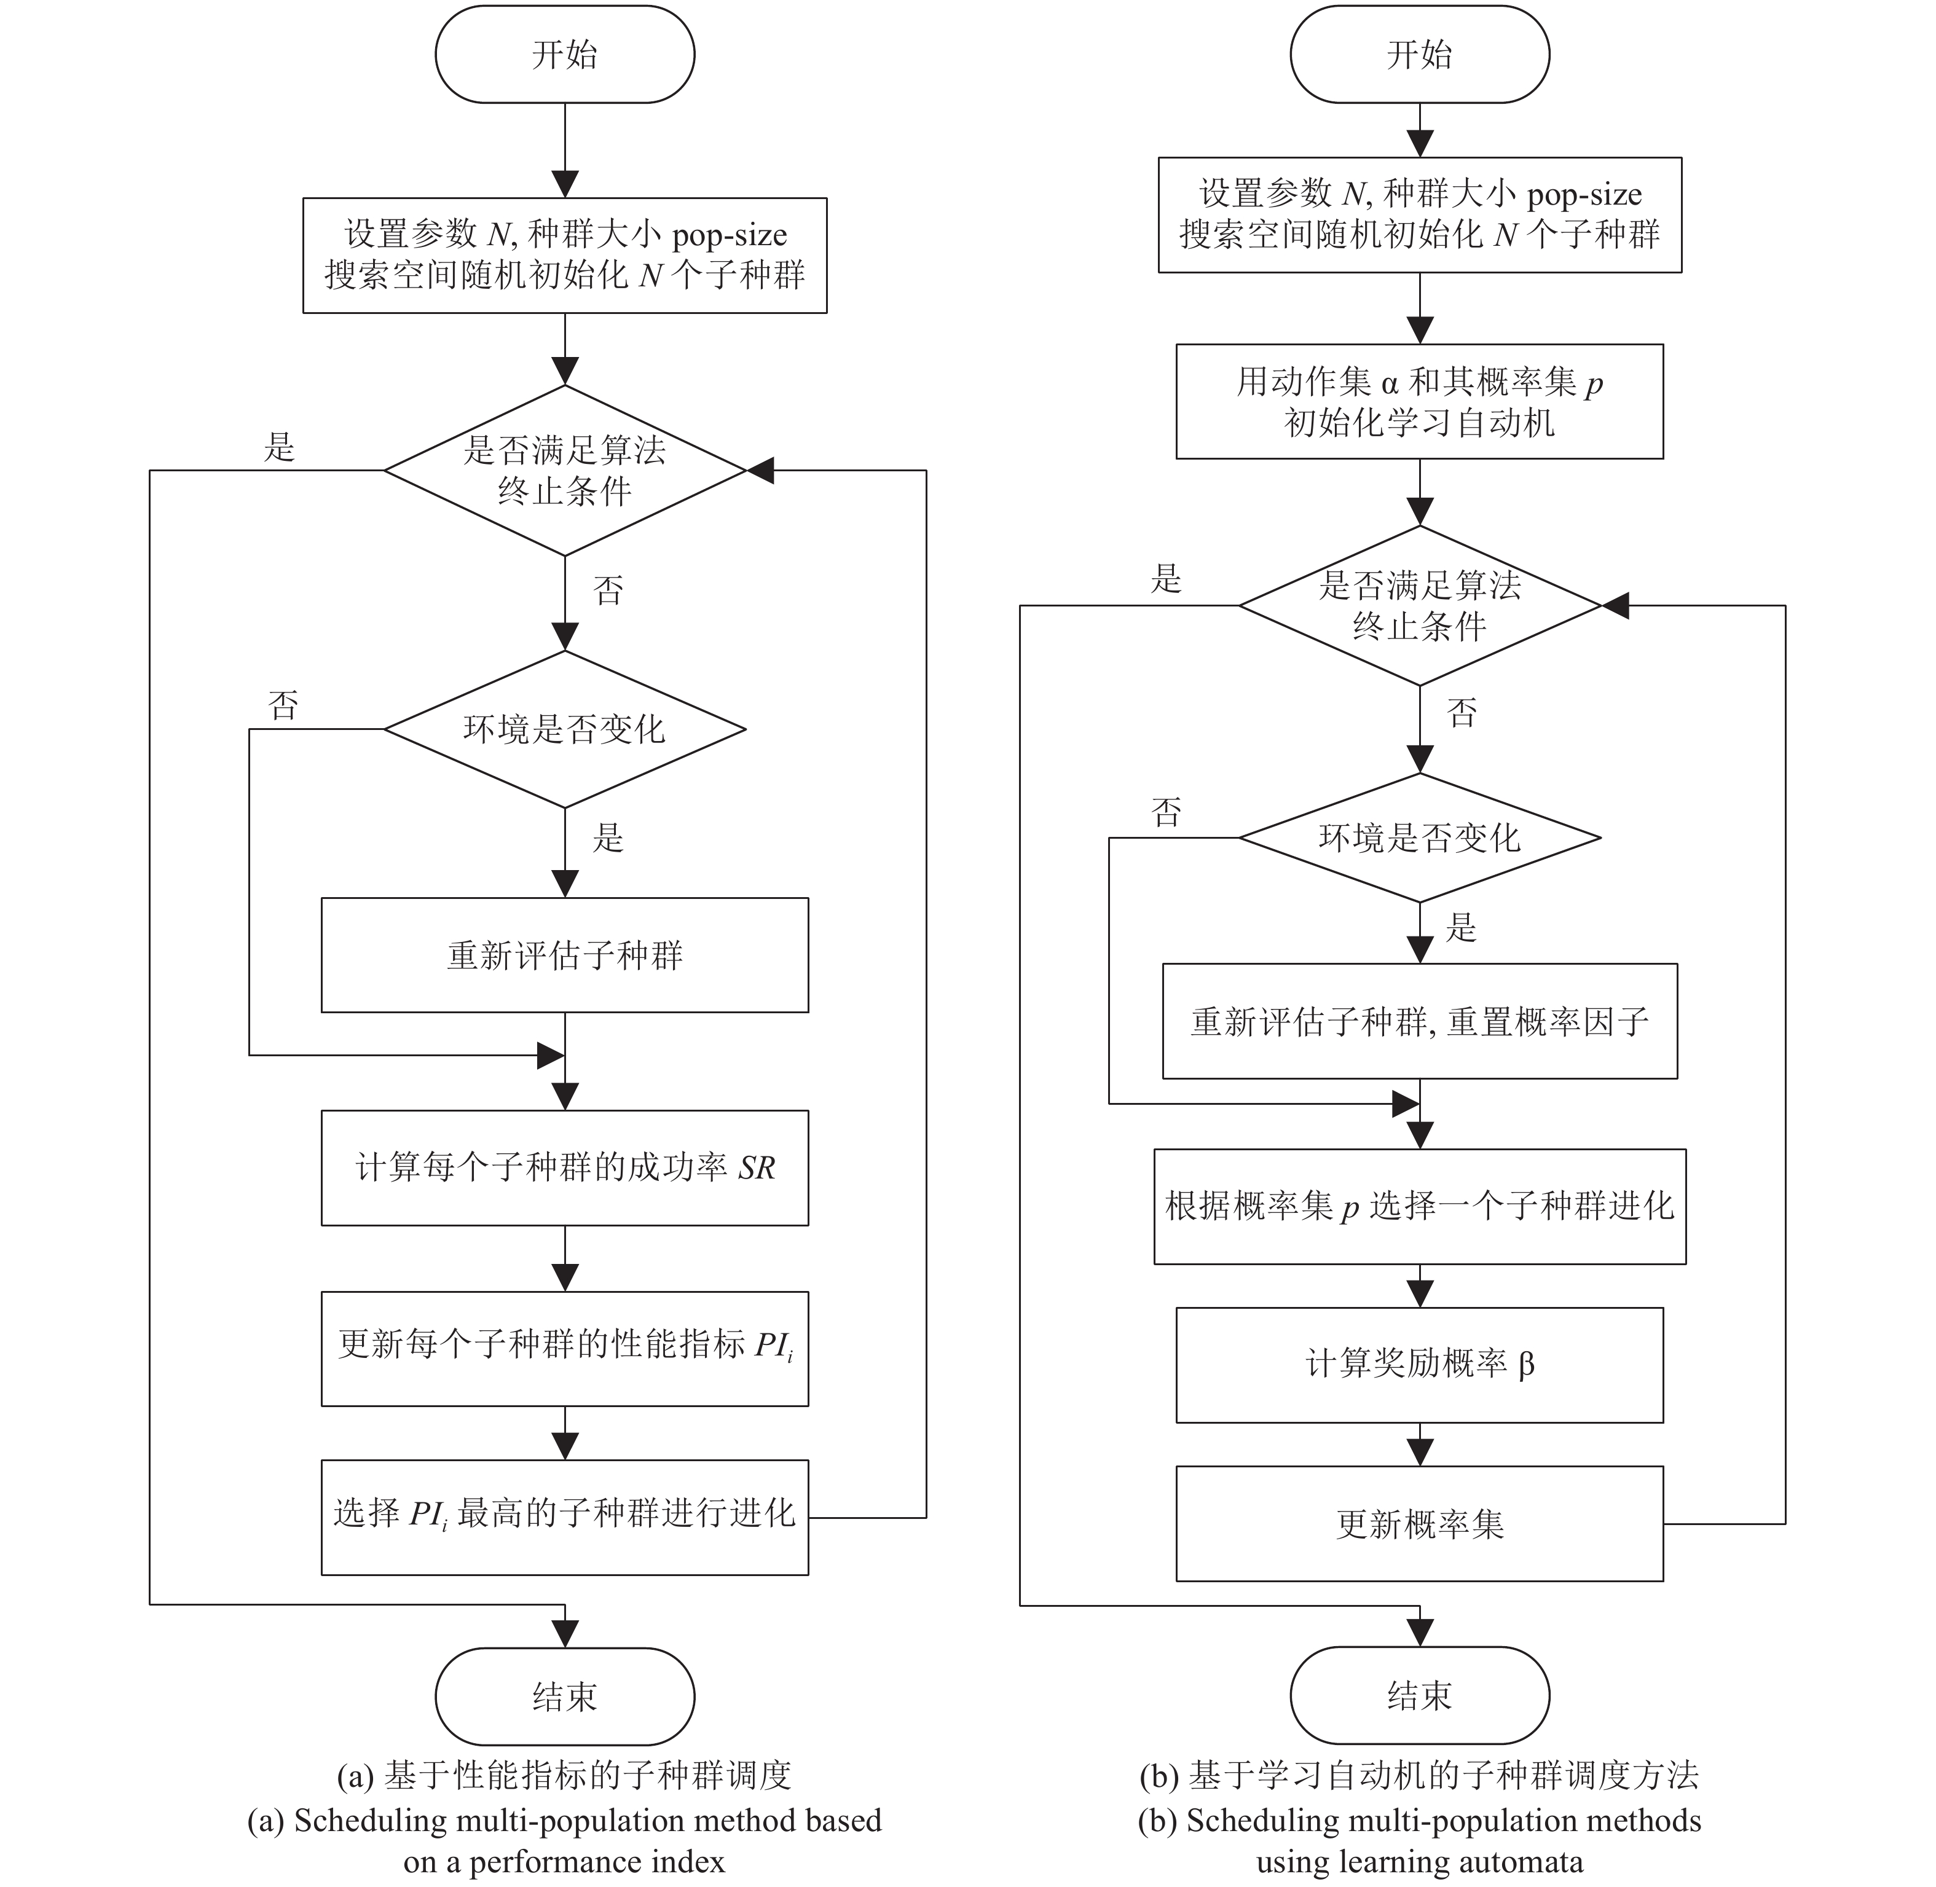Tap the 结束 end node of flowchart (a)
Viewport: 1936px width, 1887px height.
(x=564, y=1696)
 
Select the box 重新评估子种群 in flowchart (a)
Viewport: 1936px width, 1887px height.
(x=564, y=955)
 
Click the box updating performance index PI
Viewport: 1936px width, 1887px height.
(x=564, y=1348)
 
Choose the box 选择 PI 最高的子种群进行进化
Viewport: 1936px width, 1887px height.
(x=564, y=1517)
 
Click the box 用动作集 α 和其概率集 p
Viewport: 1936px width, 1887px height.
(x=1420, y=401)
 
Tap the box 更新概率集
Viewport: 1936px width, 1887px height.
(x=1420, y=1523)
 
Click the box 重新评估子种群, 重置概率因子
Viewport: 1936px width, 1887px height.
(x=1420, y=1021)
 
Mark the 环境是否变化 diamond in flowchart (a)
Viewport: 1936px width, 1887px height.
(x=564, y=729)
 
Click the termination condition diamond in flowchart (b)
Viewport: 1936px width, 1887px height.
(x=1420, y=605)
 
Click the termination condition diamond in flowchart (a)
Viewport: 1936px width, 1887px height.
(x=564, y=470)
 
